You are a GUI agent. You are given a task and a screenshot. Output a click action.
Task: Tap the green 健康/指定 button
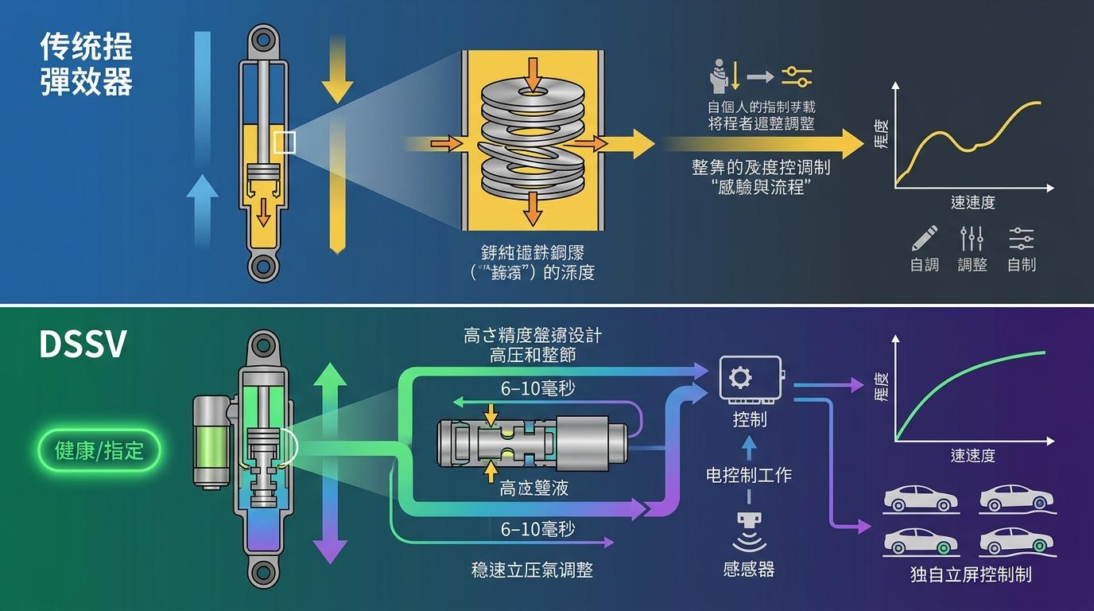(99, 450)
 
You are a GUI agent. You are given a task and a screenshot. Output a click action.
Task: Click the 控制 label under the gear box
(749, 418)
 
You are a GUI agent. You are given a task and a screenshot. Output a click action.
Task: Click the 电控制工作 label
(749, 475)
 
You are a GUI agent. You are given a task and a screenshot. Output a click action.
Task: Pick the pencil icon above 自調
(925, 238)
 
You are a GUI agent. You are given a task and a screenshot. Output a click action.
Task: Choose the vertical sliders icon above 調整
(972, 238)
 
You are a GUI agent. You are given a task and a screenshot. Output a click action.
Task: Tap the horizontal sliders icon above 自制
(1021, 238)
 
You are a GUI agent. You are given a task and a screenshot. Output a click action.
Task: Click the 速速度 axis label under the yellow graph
(972, 203)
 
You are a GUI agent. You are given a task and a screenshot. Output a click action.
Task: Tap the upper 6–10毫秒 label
(538, 389)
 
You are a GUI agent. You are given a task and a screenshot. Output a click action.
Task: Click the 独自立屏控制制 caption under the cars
(971, 574)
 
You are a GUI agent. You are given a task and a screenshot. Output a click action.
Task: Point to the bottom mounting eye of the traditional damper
(262, 267)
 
